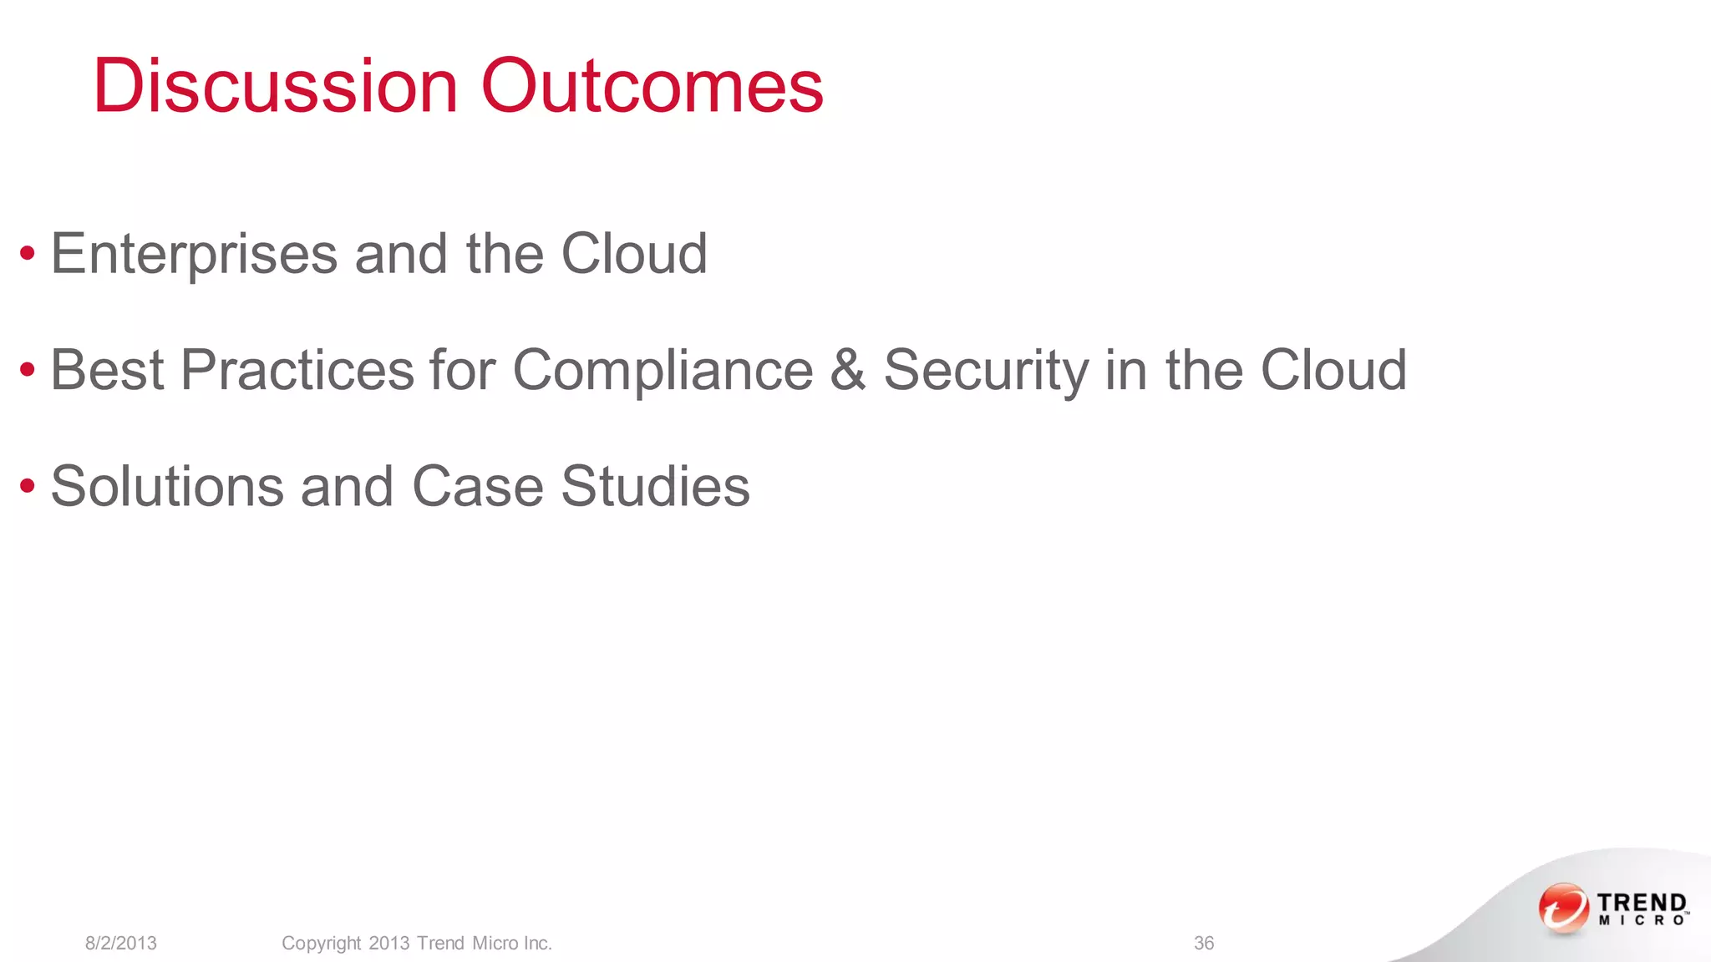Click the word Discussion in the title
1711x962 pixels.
276,86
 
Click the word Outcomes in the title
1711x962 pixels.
652,86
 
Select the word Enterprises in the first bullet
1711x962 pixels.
194,254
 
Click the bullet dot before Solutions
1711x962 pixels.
28,485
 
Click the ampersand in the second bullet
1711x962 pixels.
848,370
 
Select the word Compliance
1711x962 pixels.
663,370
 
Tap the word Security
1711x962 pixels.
986,370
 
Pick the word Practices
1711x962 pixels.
297,370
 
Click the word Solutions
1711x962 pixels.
167,486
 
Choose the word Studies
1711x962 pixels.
655,486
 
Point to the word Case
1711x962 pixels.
477,486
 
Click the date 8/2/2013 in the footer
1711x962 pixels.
121,944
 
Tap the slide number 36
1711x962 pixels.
1204,944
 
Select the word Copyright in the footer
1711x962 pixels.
322,944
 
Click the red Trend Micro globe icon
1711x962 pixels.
1563,908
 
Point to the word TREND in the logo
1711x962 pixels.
1642,903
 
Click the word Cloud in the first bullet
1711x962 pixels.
634,254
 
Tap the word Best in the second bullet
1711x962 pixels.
107,370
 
